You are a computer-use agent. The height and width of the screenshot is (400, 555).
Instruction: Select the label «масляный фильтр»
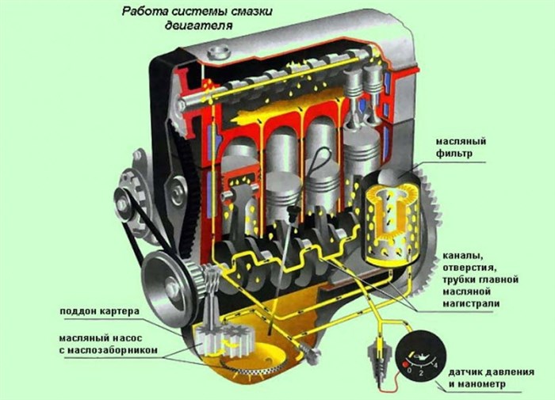pos(461,147)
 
